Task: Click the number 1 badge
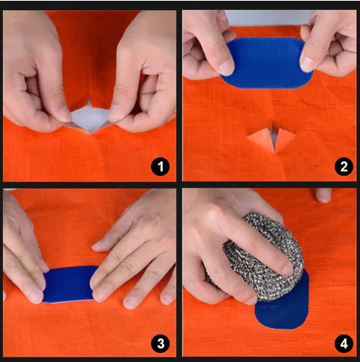click(160, 167)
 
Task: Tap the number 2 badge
click(343, 167)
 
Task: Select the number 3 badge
click(160, 344)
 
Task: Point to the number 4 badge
click(343, 344)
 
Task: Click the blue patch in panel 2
click(267, 63)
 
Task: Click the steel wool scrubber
click(261, 256)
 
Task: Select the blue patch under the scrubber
click(283, 306)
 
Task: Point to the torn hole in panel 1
click(89, 118)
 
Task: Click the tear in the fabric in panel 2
click(271, 138)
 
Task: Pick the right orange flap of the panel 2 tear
click(285, 139)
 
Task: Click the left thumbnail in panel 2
click(226, 68)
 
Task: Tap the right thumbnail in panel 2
click(308, 63)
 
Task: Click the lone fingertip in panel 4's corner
click(324, 195)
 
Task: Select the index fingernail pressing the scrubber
click(287, 270)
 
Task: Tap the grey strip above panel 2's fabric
click(268, 17)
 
